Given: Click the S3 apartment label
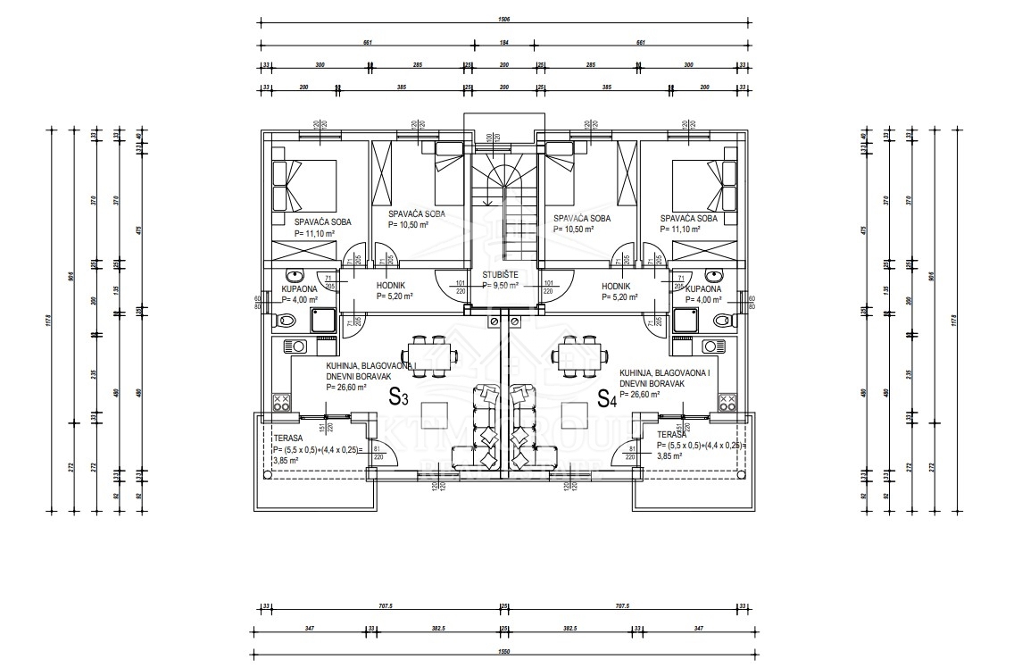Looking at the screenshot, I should point(399,398).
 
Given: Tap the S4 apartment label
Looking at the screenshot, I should point(607,399).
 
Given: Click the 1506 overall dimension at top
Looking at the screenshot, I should point(503,18).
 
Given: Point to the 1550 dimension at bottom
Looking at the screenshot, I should point(503,651).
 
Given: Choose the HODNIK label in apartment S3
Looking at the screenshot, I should point(392,286).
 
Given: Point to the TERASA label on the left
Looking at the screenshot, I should point(276,438).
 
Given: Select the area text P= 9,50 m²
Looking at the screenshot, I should point(502,286).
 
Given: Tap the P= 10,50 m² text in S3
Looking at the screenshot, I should point(408,225).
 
